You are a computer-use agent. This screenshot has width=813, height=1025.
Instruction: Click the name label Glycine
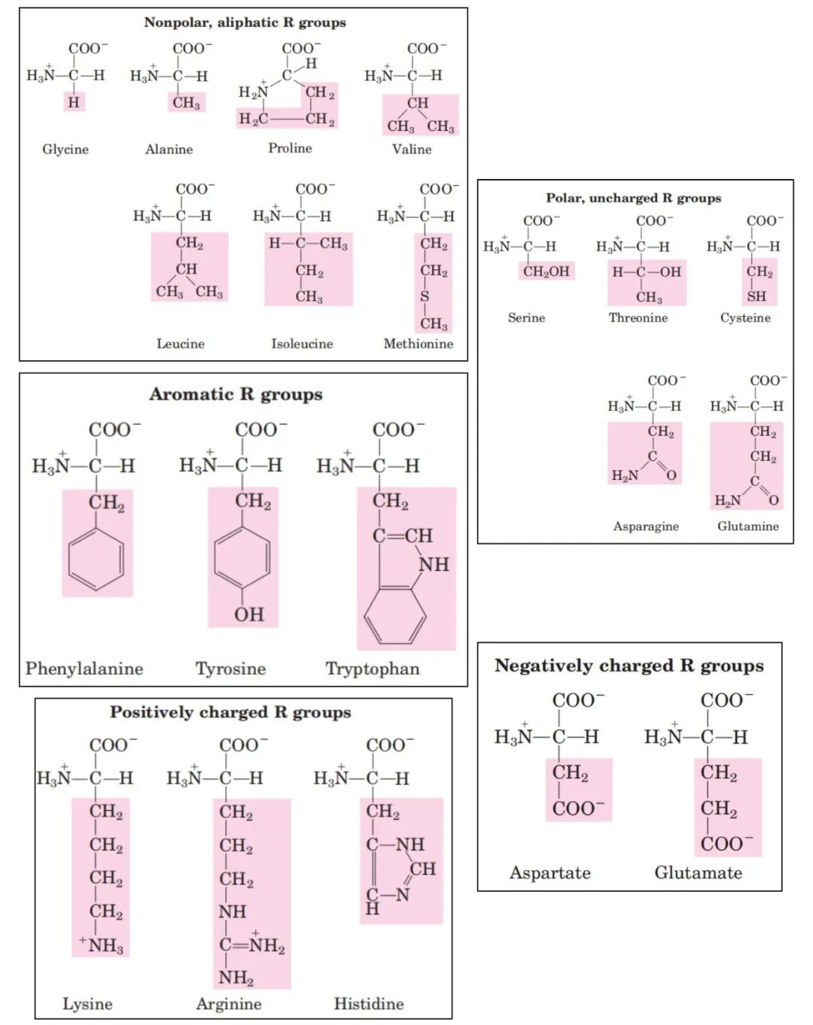click(x=65, y=149)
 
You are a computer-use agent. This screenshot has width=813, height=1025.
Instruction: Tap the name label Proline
click(x=290, y=148)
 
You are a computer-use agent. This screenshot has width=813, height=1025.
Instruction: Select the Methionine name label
click(x=419, y=344)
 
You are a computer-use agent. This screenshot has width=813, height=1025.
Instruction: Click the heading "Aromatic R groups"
click(x=236, y=394)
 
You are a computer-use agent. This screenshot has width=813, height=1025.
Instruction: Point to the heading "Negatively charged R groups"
click(x=629, y=666)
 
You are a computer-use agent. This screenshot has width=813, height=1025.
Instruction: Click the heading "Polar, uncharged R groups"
click(x=633, y=198)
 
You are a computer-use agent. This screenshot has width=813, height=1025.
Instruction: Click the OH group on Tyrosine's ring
click(x=248, y=614)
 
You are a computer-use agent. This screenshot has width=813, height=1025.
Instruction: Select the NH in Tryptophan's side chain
click(x=434, y=564)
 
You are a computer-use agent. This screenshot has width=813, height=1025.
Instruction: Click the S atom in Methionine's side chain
click(x=425, y=296)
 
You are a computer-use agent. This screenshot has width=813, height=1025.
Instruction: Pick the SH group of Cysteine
click(x=757, y=296)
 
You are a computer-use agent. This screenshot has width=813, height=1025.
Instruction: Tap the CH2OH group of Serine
click(x=547, y=271)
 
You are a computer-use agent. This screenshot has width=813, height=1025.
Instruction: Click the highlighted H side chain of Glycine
click(x=73, y=102)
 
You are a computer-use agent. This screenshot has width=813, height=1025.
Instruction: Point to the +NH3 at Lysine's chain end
click(x=102, y=945)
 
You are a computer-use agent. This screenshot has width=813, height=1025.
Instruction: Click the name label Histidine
click(x=369, y=1003)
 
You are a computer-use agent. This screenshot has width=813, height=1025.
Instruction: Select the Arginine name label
click(x=229, y=1003)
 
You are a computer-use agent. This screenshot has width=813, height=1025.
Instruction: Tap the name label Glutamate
click(x=698, y=872)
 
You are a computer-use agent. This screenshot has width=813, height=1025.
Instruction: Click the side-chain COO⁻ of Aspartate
click(x=578, y=808)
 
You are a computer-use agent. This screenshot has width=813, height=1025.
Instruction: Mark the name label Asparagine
click(x=646, y=526)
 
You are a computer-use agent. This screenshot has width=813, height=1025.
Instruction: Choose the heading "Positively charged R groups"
click(x=230, y=712)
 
